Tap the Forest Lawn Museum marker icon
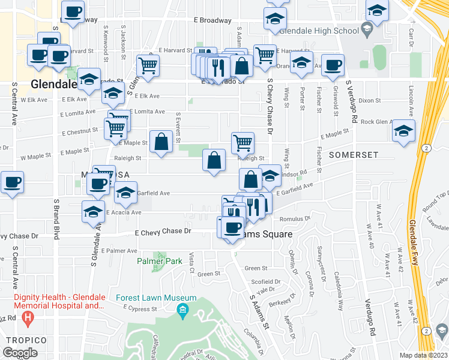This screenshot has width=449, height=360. coord(182,310)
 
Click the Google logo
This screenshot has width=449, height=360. coord(20,353)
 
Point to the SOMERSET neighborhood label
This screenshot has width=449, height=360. coord(354,155)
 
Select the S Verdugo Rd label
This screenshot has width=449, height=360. coord(355,103)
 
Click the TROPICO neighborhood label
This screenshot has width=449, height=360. coord(22,340)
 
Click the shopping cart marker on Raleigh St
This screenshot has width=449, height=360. coord(243,143)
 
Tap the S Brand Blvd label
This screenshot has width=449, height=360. coord(56,220)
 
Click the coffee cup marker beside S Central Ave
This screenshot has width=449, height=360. coord(11,182)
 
